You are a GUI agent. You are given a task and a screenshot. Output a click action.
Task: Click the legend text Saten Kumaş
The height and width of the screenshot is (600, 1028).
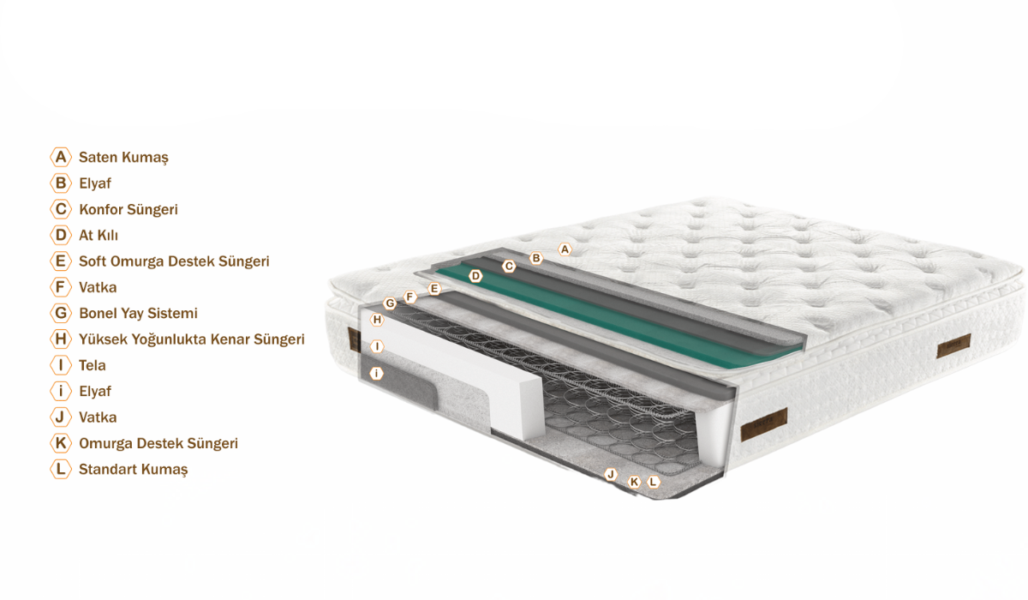coord(123,158)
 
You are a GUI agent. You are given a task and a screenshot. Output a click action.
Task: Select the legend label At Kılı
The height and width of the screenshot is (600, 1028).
coord(99,236)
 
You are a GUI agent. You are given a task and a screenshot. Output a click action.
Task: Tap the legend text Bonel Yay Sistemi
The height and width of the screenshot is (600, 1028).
coord(138,314)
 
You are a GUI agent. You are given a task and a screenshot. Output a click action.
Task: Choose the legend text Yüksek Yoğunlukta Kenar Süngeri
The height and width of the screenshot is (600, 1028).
coord(192,339)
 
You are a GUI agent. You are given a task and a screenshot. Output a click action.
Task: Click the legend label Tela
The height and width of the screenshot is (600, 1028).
coord(93,365)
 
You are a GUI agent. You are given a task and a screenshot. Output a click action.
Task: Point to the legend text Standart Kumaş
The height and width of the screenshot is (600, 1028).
coord(134,470)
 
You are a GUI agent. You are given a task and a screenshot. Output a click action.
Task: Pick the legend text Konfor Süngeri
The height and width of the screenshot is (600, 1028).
coord(128,209)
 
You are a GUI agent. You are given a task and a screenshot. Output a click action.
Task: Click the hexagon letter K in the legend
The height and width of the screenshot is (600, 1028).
coord(61,443)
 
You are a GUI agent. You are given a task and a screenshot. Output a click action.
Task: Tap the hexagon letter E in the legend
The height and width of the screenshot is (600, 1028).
coord(61,261)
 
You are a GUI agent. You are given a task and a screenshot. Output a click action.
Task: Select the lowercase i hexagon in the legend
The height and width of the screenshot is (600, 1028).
coord(61,391)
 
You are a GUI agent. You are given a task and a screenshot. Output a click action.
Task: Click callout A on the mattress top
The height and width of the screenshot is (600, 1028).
coord(565,249)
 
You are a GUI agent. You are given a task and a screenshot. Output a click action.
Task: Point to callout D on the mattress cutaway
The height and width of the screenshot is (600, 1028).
coord(475,276)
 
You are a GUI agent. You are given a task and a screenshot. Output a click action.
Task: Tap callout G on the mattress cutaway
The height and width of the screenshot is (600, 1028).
coord(390,303)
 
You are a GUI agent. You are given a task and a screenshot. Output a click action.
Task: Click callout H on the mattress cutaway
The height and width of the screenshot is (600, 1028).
coord(377,320)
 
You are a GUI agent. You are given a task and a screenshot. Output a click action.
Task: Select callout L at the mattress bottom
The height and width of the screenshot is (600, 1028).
coord(653,482)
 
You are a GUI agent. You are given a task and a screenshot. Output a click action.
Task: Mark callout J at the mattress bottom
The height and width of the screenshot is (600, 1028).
coord(610,474)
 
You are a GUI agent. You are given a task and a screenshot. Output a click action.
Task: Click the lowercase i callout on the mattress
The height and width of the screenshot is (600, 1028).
coord(376,373)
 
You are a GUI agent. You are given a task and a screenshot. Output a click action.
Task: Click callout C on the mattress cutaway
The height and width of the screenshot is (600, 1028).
coord(509,266)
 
